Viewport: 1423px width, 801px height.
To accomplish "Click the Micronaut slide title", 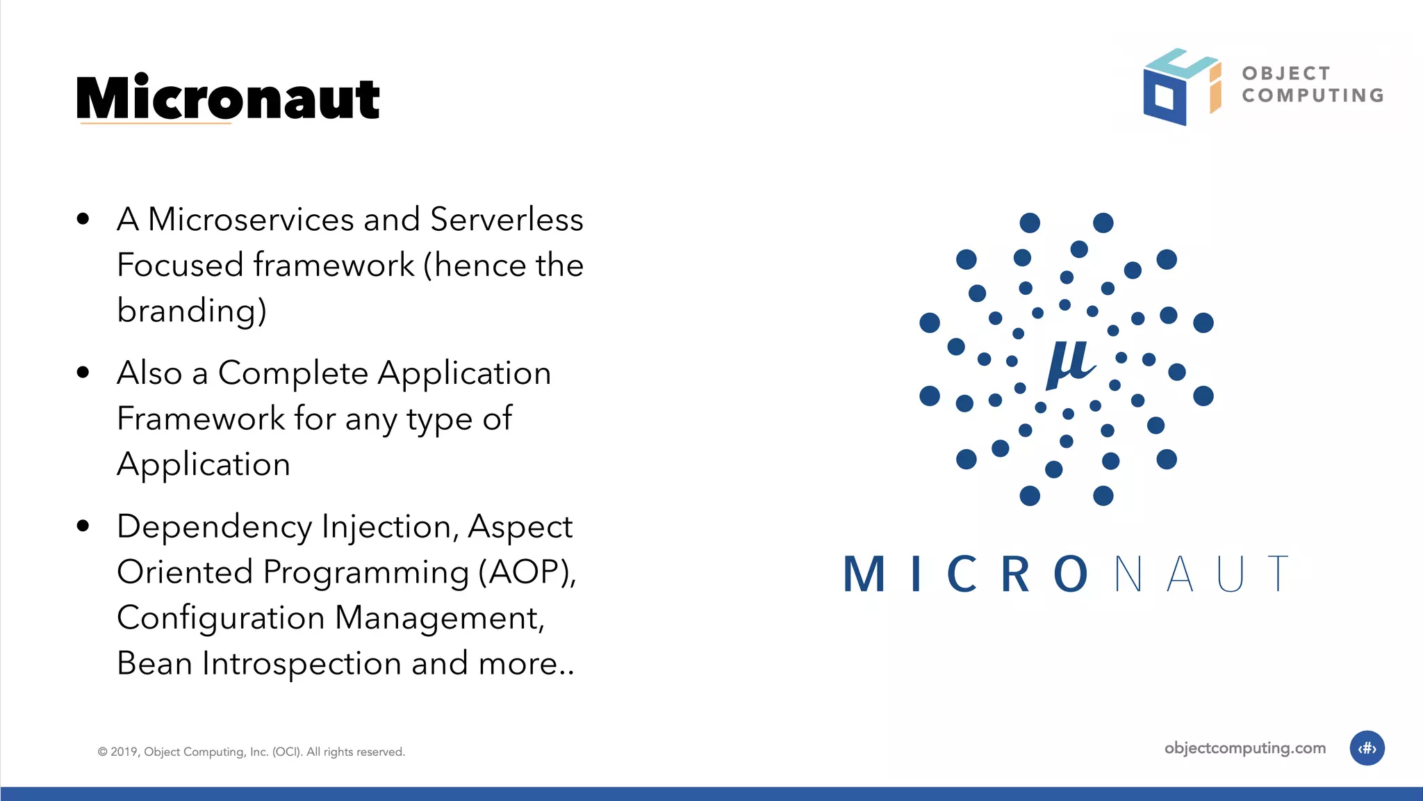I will tap(228, 99).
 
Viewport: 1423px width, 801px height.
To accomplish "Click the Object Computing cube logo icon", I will tap(1180, 87).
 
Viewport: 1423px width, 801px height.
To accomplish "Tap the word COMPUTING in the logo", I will tap(1313, 95).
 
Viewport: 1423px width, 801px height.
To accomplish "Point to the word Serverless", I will tap(507, 220).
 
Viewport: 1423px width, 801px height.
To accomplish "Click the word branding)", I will tap(192, 311).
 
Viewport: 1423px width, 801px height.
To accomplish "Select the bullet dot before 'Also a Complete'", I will tap(83, 373).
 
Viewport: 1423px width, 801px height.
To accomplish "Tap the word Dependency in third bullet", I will tap(215, 527).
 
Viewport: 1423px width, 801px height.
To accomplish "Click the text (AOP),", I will tap(527, 572).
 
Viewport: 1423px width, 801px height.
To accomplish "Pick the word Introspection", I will tap(302, 663).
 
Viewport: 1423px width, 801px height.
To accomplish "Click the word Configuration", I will tap(221, 618).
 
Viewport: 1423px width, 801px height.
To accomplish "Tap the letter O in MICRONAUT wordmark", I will tap(1071, 574).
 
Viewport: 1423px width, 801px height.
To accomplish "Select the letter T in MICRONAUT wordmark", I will tap(1277, 574).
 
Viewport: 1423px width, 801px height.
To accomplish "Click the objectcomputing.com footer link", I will tap(1244, 748).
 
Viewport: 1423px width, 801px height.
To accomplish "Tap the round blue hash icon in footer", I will tap(1367, 748).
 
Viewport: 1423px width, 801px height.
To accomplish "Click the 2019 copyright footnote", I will tap(251, 752).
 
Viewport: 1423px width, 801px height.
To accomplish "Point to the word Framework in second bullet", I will tap(201, 419).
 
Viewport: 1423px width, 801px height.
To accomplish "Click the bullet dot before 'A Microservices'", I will tap(83, 220).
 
